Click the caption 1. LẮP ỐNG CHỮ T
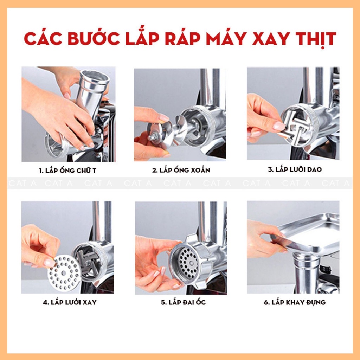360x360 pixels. point(67,171)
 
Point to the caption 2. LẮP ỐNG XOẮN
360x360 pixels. point(181,170)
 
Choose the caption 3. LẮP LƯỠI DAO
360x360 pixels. point(295,169)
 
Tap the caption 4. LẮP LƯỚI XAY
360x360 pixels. point(70,302)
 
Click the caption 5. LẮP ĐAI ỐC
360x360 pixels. point(183,302)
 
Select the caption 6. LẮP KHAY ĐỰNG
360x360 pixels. point(295,302)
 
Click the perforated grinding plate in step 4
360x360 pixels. point(64,273)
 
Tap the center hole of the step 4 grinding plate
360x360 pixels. point(64,273)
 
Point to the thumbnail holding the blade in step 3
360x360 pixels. point(279,126)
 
